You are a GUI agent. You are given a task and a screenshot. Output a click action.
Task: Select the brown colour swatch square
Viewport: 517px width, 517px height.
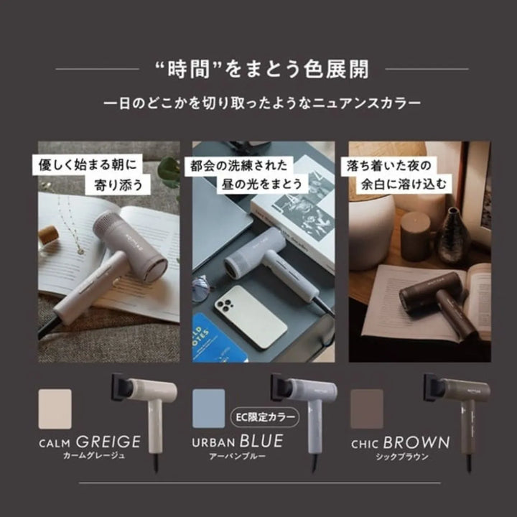368,409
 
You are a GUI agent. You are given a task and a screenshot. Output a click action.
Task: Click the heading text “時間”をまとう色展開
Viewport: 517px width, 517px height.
261,70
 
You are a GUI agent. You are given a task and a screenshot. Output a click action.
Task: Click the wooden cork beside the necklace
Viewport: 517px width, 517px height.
48,235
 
